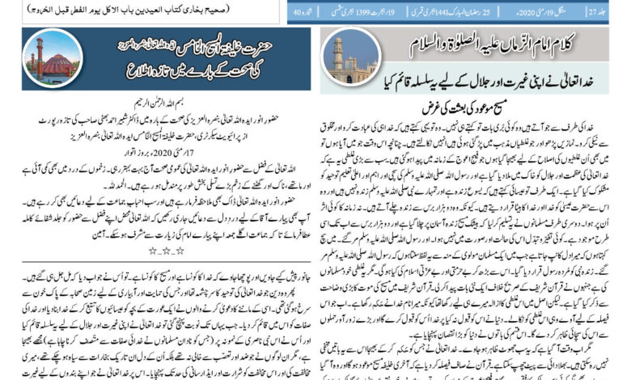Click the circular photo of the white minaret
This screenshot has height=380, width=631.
[353, 60]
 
